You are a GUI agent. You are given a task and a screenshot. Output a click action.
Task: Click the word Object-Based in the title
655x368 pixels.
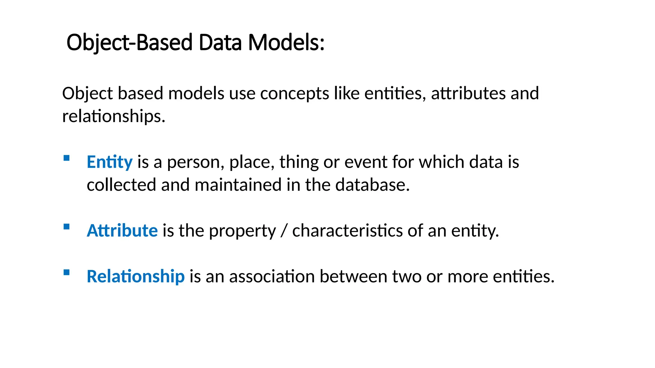[x=130, y=42]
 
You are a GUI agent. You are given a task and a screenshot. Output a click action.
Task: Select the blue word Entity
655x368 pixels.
[x=109, y=162]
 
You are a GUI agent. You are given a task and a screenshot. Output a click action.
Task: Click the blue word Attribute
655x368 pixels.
[x=122, y=230]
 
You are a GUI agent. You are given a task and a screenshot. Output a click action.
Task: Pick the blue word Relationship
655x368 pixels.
[x=136, y=276]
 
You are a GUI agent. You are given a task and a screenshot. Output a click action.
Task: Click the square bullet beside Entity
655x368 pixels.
[x=67, y=158]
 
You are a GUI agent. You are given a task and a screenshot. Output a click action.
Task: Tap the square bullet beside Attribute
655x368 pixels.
[x=67, y=227]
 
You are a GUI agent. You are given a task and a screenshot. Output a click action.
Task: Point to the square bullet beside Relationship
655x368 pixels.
[x=67, y=272]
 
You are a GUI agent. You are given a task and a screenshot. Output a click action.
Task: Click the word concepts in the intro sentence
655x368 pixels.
[x=295, y=94]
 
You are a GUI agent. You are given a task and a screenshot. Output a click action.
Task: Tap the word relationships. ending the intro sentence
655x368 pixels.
[x=114, y=116]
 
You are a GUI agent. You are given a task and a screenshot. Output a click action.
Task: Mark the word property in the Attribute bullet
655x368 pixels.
[x=242, y=231]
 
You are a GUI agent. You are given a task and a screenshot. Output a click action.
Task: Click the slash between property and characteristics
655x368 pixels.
[x=284, y=231]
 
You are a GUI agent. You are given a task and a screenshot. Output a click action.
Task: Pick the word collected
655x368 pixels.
[x=121, y=185]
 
